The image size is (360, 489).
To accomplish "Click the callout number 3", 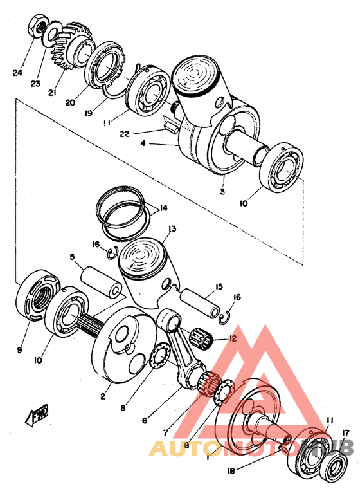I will point(221,192).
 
